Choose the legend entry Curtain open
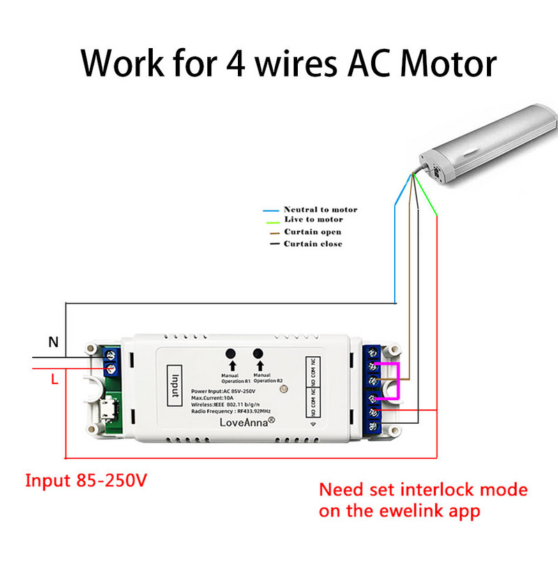(312, 231)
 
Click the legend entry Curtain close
(312, 243)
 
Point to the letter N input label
(53, 342)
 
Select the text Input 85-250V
(86, 480)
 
